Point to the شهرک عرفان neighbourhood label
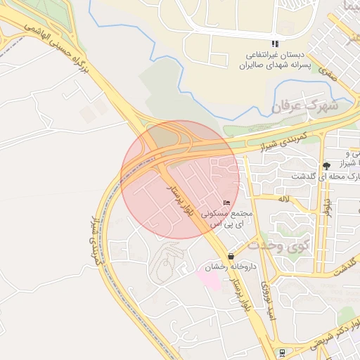click(305, 107)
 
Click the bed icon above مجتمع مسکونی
click(226, 202)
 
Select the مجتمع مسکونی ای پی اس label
click(226, 217)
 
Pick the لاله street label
click(284, 200)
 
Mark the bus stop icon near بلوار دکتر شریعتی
click(281, 352)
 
